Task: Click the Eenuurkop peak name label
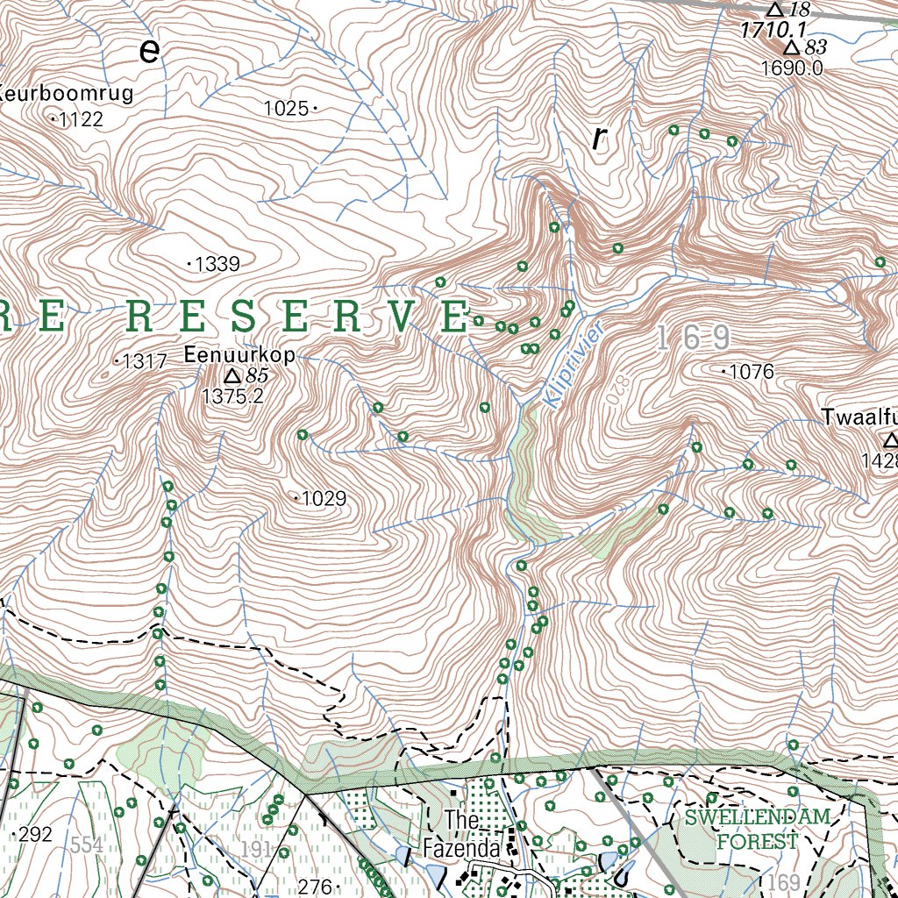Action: pos(239,355)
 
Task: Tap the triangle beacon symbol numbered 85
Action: pos(232,376)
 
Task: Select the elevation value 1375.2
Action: pos(232,396)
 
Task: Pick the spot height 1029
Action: pos(324,499)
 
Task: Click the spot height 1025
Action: pos(286,108)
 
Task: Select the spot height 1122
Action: pos(81,119)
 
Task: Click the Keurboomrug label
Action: pos(67,94)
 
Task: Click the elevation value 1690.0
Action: pos(792,68)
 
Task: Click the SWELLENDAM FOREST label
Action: pos(758,830)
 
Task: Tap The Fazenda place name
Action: pos(461,834)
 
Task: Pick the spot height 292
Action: pos(36,834)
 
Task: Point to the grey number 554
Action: pos(88,845)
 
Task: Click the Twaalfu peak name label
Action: pos(859,417)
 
